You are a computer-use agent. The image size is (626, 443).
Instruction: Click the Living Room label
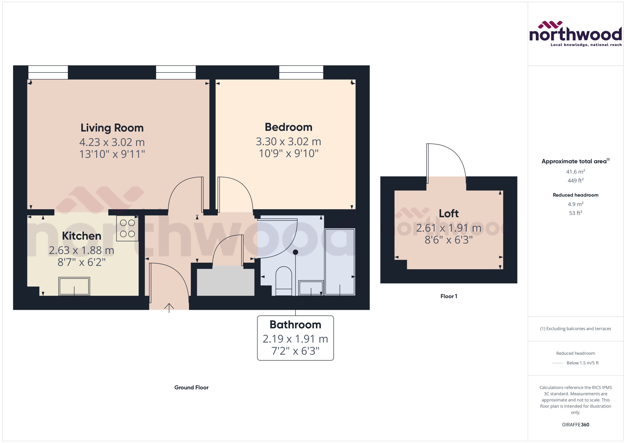[x=112, y=128]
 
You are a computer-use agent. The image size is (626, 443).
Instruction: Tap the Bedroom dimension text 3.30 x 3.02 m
[x=288, y=141]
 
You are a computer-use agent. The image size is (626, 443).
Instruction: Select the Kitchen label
[x=82, y=236]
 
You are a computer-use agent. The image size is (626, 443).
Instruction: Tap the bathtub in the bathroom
[x=340, y=262]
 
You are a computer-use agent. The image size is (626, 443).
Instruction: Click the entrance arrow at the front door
[x=169, y=307]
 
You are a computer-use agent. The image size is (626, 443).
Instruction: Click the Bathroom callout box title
[x=295, y=325]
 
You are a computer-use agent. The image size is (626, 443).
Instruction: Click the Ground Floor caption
[x=191, y=387]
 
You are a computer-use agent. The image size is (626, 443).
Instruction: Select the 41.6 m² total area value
[x=575, y=172]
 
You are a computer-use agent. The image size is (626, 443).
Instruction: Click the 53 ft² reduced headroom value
[x=575, y=213]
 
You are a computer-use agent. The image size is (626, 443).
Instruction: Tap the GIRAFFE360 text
[x=575, y=424]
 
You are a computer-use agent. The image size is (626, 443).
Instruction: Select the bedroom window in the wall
[x=301, y=72]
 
